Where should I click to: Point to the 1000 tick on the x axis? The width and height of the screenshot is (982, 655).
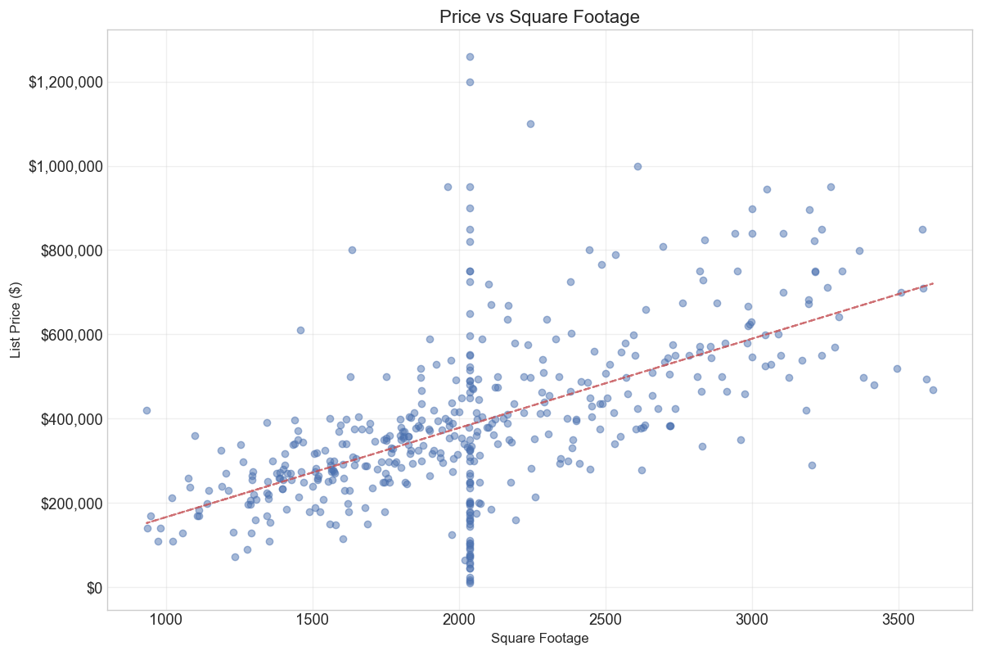click(166, 621)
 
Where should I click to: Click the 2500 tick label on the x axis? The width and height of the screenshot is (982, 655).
click(606, 621)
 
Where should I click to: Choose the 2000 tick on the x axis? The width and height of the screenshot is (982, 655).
click(459, 621)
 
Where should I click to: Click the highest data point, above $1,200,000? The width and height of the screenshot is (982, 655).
click(470, 56)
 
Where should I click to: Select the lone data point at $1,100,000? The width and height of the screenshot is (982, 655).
click(530, 124)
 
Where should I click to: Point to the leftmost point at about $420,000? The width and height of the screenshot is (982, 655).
click(146, 410)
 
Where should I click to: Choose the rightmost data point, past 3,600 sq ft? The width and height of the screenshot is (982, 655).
click(933, 390)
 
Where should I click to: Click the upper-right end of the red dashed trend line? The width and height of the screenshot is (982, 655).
click(932, 283)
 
